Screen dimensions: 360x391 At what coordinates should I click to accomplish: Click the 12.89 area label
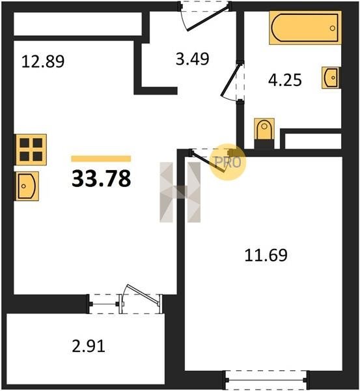43,62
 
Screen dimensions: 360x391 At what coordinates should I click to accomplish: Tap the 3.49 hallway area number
192,59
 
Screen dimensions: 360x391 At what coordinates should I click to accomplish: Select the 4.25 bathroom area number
284,80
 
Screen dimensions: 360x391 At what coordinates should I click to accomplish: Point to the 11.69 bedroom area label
266,255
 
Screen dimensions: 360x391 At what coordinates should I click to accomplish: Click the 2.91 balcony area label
89,347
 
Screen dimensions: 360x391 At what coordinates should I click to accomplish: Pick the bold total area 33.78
101,179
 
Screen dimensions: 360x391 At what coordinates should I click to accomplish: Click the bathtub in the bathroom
305,27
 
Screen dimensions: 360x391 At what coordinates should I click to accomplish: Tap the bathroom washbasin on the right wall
331,78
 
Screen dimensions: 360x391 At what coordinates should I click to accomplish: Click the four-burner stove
31,150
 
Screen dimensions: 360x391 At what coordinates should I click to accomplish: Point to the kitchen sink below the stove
27,186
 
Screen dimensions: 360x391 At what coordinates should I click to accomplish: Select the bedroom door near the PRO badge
208,162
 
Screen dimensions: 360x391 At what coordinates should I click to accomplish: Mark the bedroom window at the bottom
266,380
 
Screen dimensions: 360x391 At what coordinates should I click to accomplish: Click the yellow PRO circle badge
228,162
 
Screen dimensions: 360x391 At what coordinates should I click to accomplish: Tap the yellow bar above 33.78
101,158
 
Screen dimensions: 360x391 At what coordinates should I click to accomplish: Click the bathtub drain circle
333,28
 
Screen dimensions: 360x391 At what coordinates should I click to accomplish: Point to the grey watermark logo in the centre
180,192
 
